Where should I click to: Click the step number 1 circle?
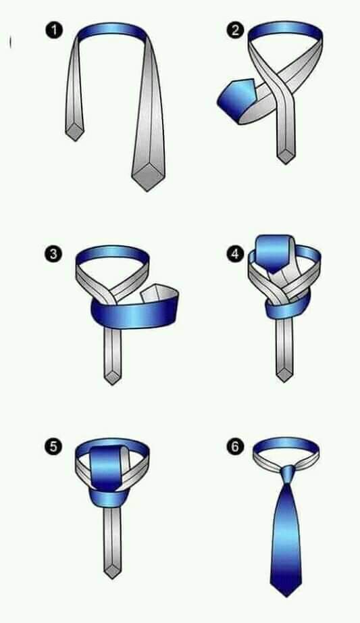click(54, 30)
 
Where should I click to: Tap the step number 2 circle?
click(235, 30)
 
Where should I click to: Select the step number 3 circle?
click(54, 253)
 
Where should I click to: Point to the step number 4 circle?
click(235, 253)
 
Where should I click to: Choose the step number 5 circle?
click(54, 446)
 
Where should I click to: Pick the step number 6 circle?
click(235, 446)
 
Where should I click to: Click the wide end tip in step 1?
click(147, 191)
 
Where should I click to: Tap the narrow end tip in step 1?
click(74, 141)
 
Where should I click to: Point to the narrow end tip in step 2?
click(286, 164)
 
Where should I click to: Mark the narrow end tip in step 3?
click(112, 384)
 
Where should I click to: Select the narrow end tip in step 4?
click(284, 382)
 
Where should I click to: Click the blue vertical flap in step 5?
click(105, 468)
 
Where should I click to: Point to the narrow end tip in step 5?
click(112, 578)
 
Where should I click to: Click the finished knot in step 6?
click(287, 474)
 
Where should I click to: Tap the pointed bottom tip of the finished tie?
click(286, 597)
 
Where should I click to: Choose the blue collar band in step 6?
click(286, 446)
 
